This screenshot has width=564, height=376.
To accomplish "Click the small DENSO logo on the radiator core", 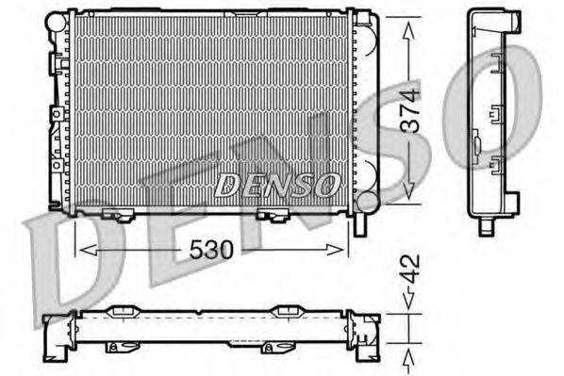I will coord(277,186).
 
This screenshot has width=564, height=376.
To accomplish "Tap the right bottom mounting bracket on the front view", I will coord(274,216).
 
